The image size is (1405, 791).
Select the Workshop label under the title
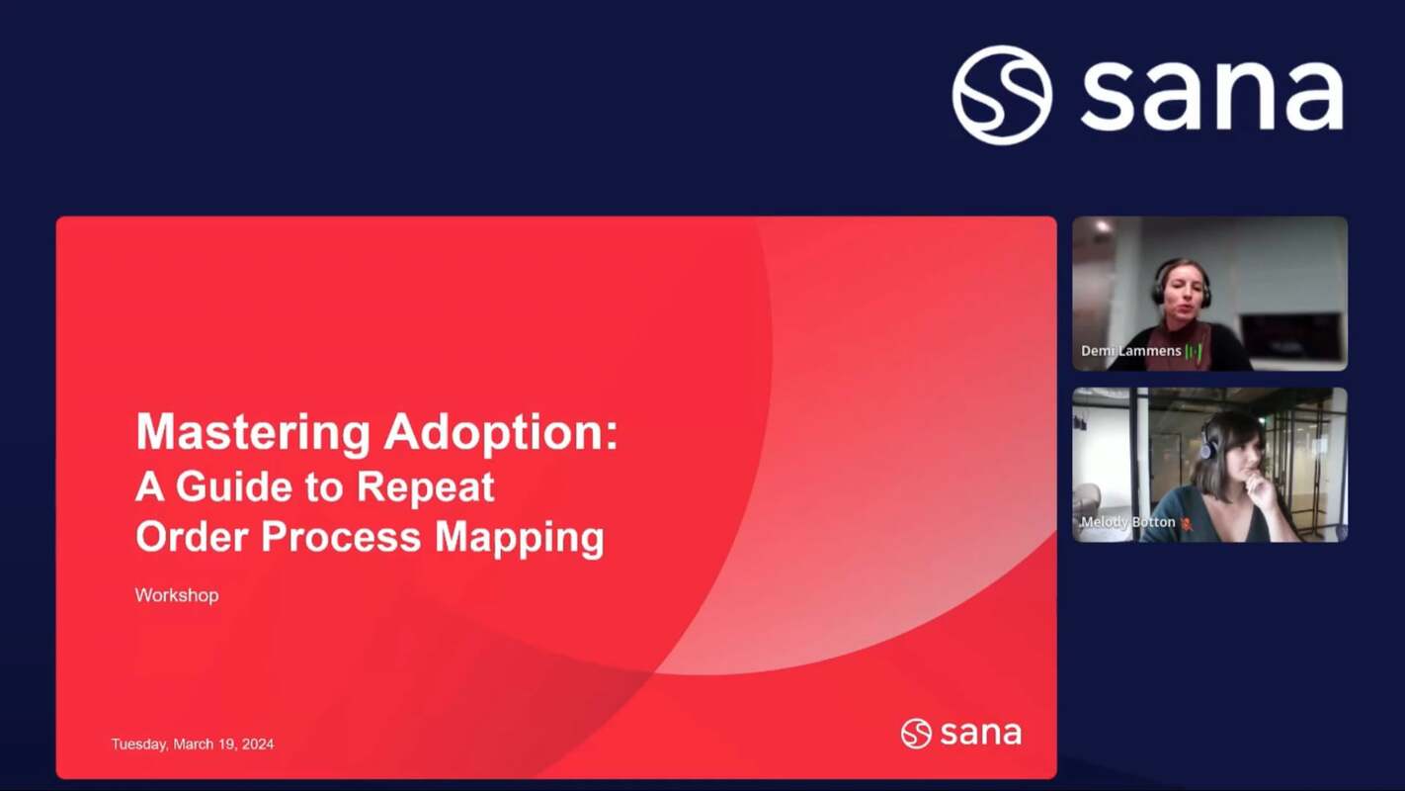pyautogui.click(x=177, y=595)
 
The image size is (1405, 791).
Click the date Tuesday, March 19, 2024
pyautogui.click(x=193, y=744)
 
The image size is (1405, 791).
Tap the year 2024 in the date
pyautogui.click(x=257, y=744)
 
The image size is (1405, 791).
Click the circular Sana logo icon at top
pyautogui.click(x=1002, y=95)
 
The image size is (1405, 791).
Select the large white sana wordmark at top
pyautogui.click(x=1211, y=96)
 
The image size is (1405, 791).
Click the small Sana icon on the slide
pyautogui.click(x=916, y=734)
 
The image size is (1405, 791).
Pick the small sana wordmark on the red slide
pyautogui.click(x=980, y=734)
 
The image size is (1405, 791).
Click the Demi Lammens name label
pyautogui.click(x=1130, y=351)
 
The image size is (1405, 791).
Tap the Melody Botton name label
pyautogui.click(x=1127, y=522)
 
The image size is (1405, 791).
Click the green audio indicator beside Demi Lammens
pyautogui.click(x=1194, y=352)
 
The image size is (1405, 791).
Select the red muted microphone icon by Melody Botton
pyautogui.click(x=1187, y=523)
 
